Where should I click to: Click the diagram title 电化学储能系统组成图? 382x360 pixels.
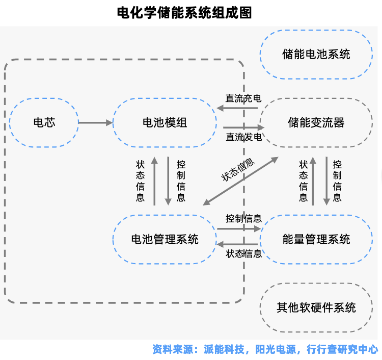(x=184, y=13)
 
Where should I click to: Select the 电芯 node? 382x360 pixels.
(x=44, y=122)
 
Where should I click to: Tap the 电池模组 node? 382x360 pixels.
(x=165, y=122)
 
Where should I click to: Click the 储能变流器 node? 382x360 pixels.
(x=316, y=122)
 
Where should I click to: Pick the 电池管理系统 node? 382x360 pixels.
(x=165, y=239)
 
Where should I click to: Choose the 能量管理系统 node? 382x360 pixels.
(x=316, y=239)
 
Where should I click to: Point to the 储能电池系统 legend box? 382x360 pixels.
(x=316, y=54)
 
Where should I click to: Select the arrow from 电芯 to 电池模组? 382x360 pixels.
(x=95, y=122)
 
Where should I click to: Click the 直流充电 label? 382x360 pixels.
(x=243, y=98)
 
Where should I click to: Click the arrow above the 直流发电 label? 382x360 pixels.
(x=243, y=127)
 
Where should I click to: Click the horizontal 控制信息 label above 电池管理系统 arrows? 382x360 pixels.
(x=243, y=219)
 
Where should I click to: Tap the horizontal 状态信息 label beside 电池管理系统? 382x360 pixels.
(x=243, y=253)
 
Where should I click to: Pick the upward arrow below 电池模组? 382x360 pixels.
(x=155, y=181)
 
